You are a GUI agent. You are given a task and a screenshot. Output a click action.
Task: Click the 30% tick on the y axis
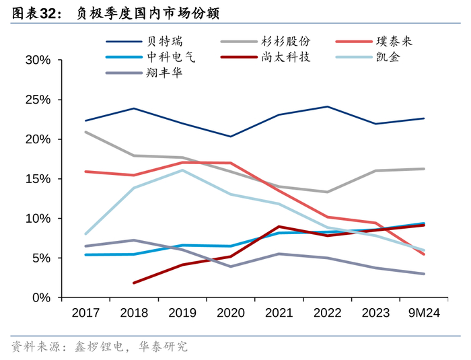(x=38, y=61)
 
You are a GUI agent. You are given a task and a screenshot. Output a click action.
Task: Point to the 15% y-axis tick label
(x=38, y=179)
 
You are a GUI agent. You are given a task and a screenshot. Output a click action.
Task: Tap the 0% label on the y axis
(x=42, y=298)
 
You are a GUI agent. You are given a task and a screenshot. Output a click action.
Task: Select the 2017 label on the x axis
(x=85, y=314)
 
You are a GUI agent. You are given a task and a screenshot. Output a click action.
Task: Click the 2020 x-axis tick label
(x=231, y=314)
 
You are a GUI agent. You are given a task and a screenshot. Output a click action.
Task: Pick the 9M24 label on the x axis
(x=424, y=314)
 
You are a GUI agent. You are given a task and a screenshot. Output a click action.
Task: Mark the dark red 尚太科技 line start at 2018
(x=134, y=283)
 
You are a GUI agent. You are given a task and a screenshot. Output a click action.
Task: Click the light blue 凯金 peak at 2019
(x=182, y=170)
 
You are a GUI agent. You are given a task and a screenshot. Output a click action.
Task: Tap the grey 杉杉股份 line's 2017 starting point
(x=85, y=132)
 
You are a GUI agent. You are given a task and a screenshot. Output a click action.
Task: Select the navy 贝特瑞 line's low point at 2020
(x=231, y=137)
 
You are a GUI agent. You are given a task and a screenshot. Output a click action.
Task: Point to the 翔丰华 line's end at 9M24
(x=424, y=274)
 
